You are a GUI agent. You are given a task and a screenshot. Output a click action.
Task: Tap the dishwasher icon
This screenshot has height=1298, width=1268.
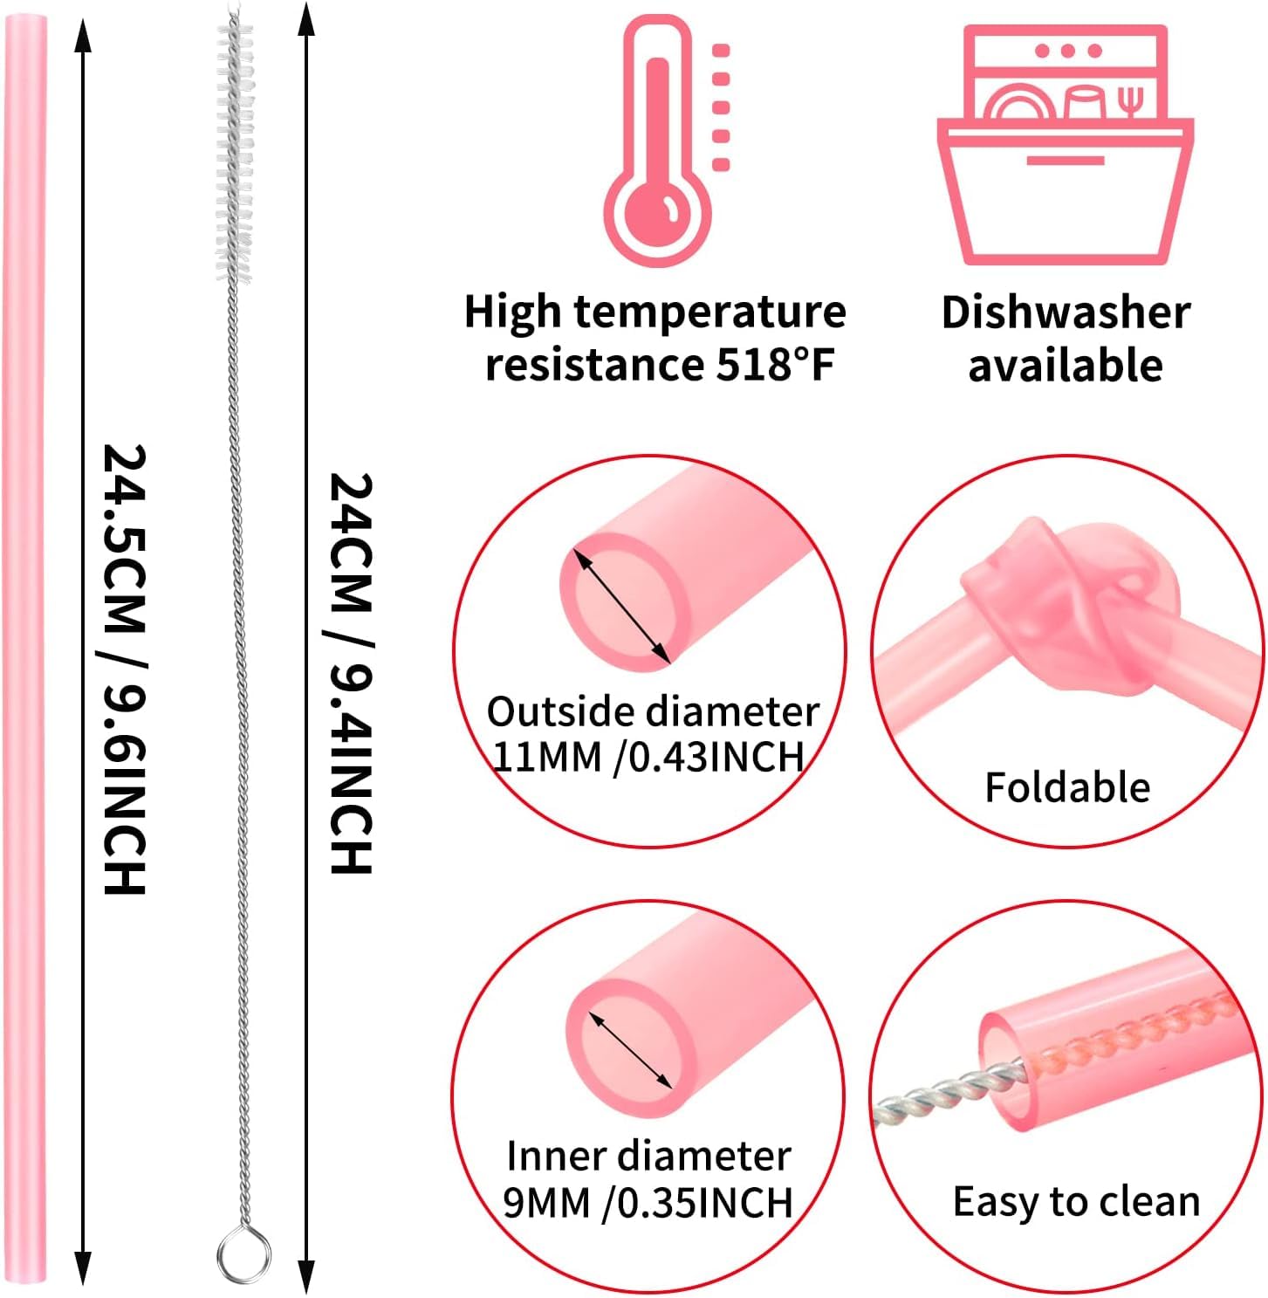[x=1066, y=144]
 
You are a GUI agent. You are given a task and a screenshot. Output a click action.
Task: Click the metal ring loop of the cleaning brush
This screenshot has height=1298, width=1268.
[x=243, y=1255]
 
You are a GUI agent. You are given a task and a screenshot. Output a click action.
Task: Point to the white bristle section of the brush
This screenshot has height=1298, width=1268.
[x=234, y=147]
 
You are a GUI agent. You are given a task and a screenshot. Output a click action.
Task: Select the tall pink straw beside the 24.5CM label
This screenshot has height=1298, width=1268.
[x=25, y=647]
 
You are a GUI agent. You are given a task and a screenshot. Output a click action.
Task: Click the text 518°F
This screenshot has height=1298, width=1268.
[x=775, y=365]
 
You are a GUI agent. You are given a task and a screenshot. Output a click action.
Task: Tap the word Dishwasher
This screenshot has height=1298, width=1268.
[x=1066, y=312]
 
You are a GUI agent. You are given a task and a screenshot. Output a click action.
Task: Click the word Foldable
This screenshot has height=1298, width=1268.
[x=1067, y=787]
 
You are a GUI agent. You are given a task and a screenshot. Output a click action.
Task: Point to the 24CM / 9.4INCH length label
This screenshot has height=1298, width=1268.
[x=351, y=673]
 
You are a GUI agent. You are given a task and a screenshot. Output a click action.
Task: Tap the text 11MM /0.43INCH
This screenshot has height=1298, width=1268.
[x=648, y=757]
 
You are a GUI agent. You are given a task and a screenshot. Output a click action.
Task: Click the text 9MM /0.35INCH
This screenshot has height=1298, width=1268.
[x=648, y=1203]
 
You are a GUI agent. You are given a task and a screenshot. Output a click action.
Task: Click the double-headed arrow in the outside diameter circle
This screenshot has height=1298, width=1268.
[x=622, y=607]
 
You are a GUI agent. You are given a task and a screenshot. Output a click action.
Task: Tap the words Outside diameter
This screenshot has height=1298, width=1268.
[x=653, y=711]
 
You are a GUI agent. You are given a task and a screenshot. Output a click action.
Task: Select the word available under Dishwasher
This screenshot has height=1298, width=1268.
[x=1066, y=366]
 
